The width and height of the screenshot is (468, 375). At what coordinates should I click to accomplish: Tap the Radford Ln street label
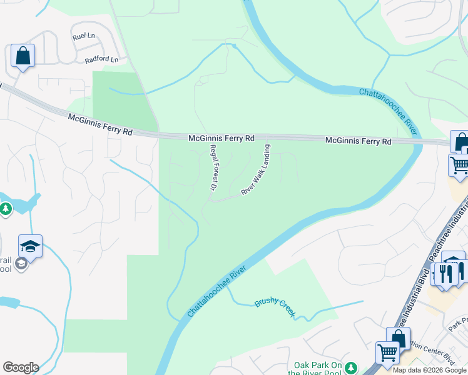tap(101, 60)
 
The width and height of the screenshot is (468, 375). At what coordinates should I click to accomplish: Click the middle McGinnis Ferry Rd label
tap(221, 137)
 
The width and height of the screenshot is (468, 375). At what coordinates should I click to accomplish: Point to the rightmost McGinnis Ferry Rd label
tap(358, 141)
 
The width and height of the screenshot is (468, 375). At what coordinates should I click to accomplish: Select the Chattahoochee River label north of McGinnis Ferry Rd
tap(389, 111)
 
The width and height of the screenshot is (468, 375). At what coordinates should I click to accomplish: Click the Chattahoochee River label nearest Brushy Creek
tap(216, 292)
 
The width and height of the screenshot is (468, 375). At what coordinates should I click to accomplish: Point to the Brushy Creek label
tap(274, 308)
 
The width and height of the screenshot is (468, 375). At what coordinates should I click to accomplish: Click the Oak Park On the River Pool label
tap(318, 369)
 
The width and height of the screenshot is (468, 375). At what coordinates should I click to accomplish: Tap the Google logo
tap(21, 367)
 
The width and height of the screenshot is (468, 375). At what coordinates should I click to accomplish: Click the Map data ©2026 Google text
tap(429, 370)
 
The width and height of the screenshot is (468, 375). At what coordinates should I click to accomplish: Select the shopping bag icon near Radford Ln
tap(23, 56)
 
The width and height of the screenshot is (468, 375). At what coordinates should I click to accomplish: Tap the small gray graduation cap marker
tap(21, 263)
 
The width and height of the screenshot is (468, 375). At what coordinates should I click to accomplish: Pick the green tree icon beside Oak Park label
tap(351, 366)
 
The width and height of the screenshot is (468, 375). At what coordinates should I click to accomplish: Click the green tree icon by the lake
tap(6, 208)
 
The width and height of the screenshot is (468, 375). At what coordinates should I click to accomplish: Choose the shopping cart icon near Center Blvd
tap(387, 353)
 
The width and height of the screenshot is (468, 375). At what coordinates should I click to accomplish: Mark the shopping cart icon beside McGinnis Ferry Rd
tap(459, 165)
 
